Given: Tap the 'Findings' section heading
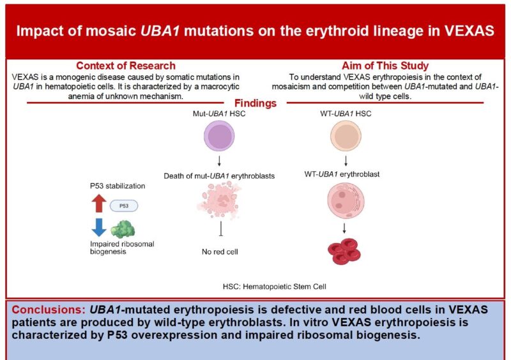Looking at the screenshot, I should pyautogui.click(x=256, y=103).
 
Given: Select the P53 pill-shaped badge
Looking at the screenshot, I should pyautogui.click(x=123, y=206).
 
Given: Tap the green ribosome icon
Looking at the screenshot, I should pyautogui.click(x=124, y=229).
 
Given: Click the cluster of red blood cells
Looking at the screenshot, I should pyautogui.click(x=345, y=252).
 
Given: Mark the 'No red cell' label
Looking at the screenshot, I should pyautogui.click(x=220, y=252).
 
